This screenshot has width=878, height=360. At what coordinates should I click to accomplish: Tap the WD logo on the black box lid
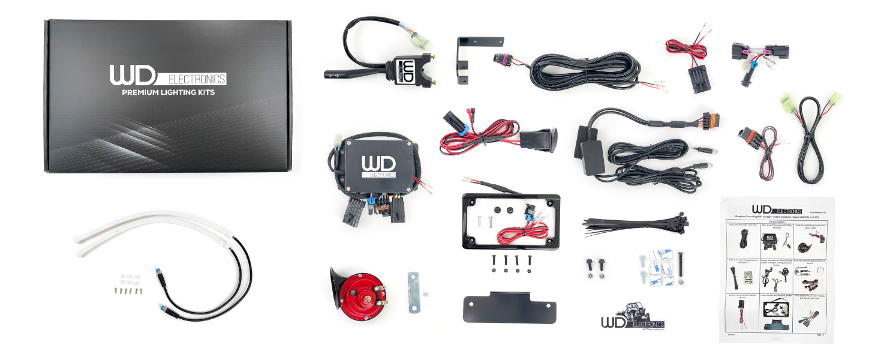pyautogui.click(x=133, y=76)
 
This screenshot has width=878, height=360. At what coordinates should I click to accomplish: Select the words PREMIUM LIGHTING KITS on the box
pyautogui.click(x=168, y=92)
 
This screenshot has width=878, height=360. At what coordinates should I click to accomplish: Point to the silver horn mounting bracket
pyautogui.click(x=414, y=292)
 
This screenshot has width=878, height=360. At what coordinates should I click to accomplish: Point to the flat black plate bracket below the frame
pyautogui.click(x=509, y=307)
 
